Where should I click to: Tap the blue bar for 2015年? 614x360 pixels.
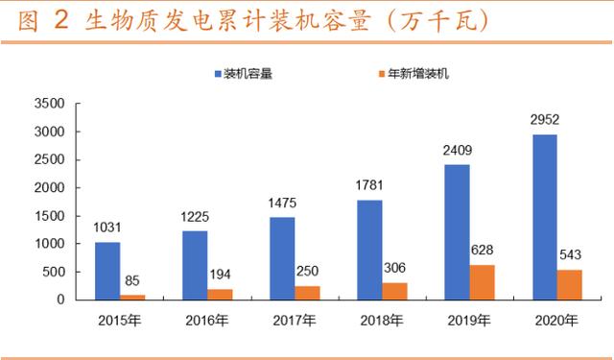(x=107, y=271)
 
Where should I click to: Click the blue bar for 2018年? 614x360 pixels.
(x=369, y=250)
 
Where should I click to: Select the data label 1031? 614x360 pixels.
(x=107, y=228)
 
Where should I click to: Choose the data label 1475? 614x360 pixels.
(x=282, y=204)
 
